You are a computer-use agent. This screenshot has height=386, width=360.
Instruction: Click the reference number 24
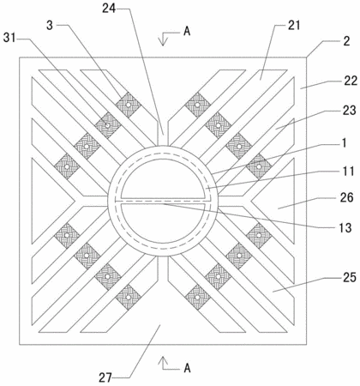(x=109, y=9)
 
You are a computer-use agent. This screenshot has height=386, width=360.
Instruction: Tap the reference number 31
(x=9, y=38)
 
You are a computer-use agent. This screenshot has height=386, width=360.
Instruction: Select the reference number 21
(x=294, y=25)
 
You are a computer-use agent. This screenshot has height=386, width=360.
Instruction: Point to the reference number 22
(x=351, y=81)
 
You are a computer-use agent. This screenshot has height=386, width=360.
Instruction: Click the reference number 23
(x=350, y=110)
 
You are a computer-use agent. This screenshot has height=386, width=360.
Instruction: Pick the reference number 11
(x=349, y=172)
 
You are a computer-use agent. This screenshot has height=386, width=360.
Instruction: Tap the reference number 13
(x=345, y=227)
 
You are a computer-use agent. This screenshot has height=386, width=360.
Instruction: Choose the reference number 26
(x=347, y=197)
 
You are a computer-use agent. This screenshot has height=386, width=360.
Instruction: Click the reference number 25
(x=350, y=277)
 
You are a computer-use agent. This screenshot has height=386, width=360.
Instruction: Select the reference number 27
(x=105, y=377)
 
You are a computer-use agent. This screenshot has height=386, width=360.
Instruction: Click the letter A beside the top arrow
(x=187, y=31)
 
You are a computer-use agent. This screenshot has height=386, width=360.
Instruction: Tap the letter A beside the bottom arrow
(x=187, y=368)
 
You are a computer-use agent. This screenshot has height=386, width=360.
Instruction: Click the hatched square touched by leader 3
(x=129, y=105)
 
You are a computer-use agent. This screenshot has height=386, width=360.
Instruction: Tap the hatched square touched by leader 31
(x=107, y=125)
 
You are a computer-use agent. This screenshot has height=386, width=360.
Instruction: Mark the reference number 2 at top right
(x=346, y=41)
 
